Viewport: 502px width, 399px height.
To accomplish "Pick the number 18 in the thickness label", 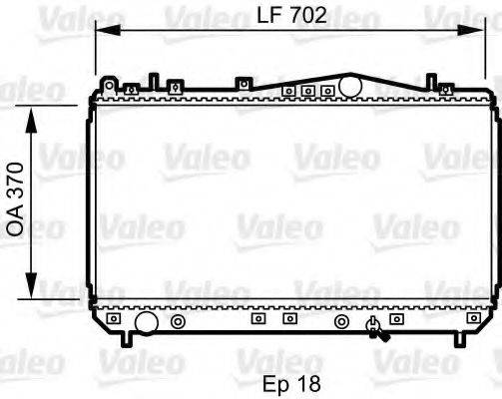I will click(309, 382).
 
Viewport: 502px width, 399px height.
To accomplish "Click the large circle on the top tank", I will click(349, 87).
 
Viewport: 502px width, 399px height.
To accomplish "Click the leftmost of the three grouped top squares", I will click(287, 91).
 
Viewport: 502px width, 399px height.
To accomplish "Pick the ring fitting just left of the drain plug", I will click(341, 321).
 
